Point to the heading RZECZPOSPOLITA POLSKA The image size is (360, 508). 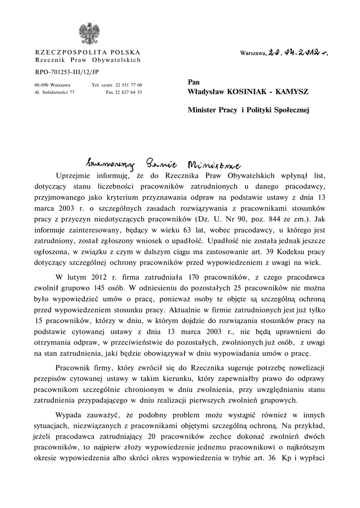click(x=87, y=53)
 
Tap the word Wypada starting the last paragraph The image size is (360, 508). click(x=70, y=413)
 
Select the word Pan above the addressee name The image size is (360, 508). click(x=193, y=81)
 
